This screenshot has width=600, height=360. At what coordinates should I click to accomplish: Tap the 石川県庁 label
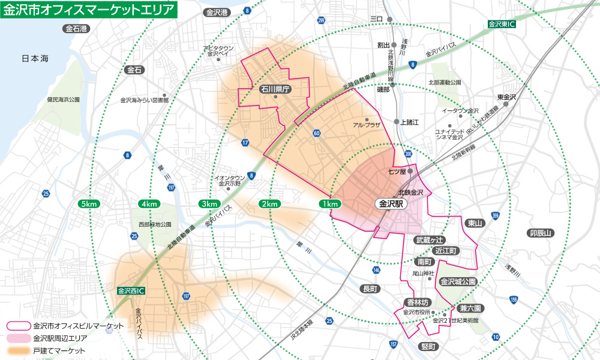(x=275, y=89)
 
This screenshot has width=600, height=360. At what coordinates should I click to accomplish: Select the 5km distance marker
(x=88, y=204)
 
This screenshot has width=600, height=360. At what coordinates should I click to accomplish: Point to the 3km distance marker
(x=209, y=204)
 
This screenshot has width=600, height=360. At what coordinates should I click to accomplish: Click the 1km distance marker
(x=329, y=204)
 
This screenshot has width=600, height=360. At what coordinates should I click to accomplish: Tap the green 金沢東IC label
(x=502, y=25)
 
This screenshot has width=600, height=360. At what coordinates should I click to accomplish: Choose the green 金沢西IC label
(x=131, y=291)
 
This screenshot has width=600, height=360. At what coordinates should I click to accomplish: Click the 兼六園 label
(x=470, y=308)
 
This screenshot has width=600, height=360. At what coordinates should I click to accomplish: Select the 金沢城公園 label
(x=458, y=281)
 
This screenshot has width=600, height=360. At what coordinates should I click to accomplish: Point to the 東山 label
(x=475, y=223)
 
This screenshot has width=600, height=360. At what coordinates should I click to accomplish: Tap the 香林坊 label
(x=417, y=302)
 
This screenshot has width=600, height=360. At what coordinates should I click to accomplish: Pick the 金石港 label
(x=76, y=28)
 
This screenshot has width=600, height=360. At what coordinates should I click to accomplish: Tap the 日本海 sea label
(x=38, y=58)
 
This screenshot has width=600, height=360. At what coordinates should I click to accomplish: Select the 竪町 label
(x=428, y=346)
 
